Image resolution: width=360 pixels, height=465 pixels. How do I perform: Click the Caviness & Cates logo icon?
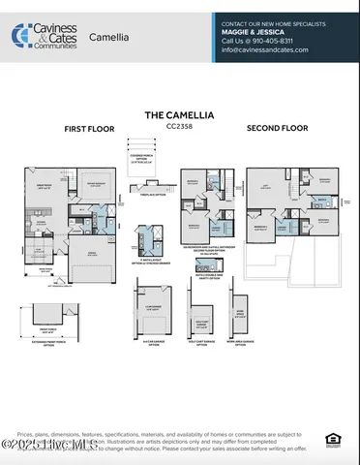(x=18, y=36)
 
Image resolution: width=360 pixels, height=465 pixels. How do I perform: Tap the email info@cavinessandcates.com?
(x=265, y=50)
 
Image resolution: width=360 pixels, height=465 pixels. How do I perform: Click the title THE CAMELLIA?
(x=179, y=114)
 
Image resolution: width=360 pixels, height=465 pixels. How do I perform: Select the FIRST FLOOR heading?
(x=90, y=128)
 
